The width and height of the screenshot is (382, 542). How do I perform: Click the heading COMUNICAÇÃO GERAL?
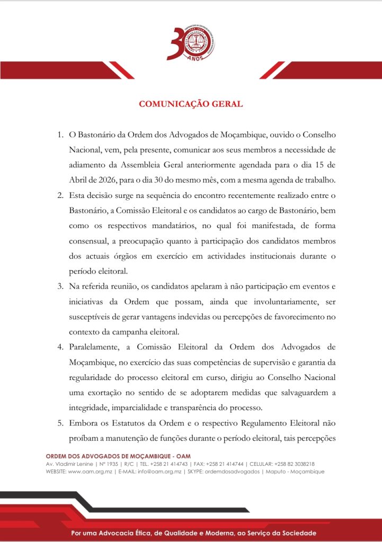click(x=191, y=104)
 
